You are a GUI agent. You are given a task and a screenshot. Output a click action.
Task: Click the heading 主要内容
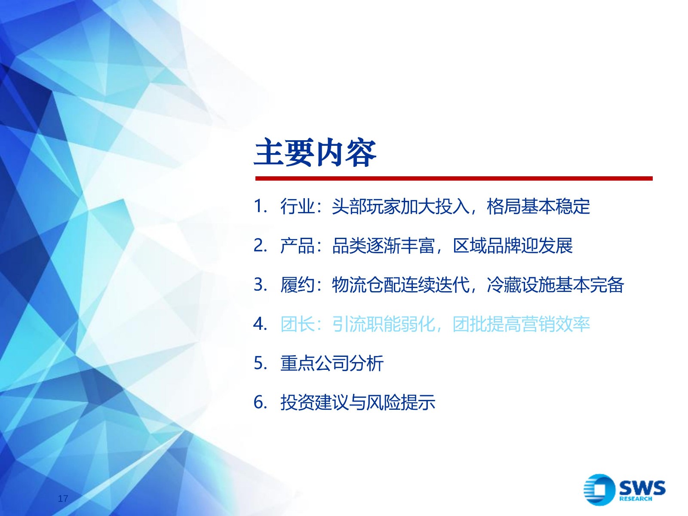315,153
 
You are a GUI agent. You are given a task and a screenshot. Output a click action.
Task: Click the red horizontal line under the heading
454,178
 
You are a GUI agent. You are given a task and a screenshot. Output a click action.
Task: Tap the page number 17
63,498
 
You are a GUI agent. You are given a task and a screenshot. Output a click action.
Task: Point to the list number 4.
260,324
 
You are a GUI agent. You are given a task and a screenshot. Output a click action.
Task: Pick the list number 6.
260,402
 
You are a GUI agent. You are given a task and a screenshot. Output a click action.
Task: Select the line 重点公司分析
332,363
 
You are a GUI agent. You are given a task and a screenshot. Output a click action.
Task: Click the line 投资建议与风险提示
358,402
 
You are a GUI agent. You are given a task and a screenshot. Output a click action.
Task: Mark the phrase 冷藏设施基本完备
555,285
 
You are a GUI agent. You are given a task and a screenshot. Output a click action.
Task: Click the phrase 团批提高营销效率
521,324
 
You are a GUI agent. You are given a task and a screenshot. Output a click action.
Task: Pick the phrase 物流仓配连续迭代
400,285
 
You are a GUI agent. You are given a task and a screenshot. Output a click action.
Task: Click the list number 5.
260,363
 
